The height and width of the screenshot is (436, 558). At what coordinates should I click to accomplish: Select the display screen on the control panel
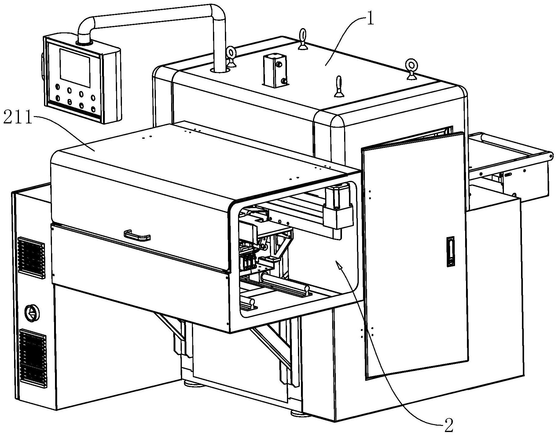(x=75, y=68)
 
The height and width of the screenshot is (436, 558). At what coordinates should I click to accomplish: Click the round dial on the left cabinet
(x=32, y=313)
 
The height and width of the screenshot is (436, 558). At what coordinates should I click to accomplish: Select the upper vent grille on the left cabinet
(x=31, y=257)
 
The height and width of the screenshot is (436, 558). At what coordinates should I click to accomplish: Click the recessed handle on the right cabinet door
(x=450, y=252)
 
